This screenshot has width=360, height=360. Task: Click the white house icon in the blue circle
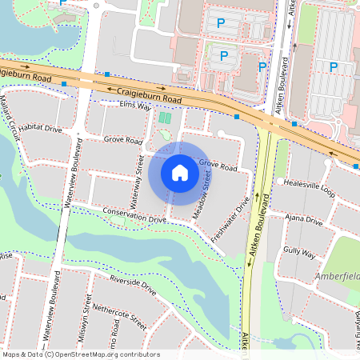tap(180, 172)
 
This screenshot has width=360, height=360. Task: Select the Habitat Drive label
tap(40, 128)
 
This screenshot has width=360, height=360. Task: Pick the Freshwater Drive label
tap(230, 224)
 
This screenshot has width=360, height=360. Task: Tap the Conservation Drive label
tap(134, 214)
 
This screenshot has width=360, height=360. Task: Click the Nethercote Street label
tap(120, 317)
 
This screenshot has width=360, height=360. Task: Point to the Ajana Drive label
tap(302, 220)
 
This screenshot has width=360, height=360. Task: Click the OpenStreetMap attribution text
tap(80, 354)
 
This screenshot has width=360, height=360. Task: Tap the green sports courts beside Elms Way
tap(165, 118)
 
